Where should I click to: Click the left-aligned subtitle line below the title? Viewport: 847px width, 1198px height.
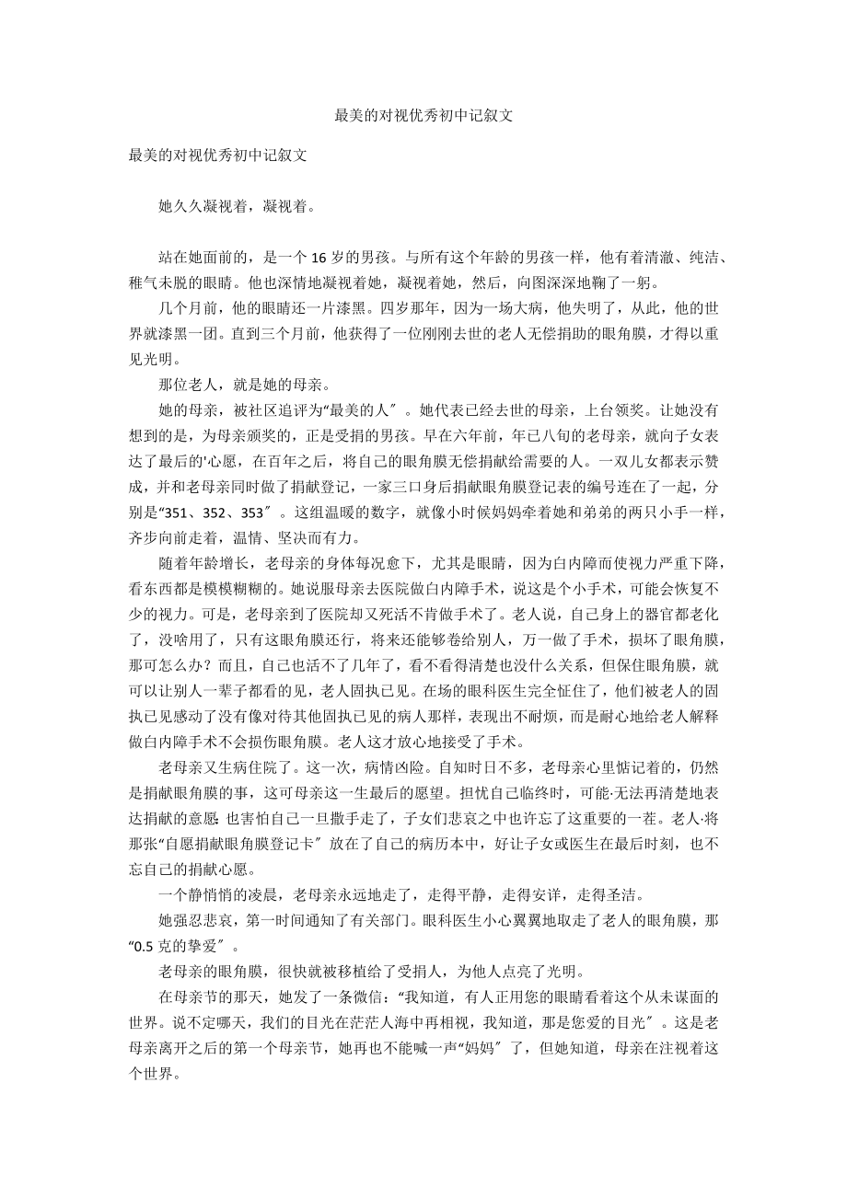(x=217, y=155)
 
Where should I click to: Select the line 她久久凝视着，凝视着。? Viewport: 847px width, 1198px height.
(x=238, y=206)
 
